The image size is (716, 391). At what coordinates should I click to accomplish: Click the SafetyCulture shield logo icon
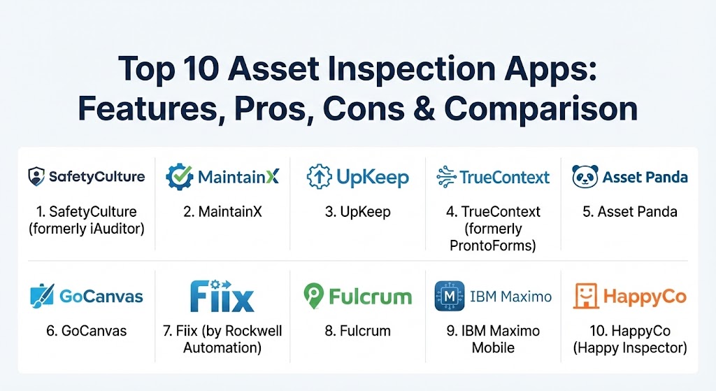(36, 177)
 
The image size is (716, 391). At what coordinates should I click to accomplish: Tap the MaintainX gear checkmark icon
(180, 177)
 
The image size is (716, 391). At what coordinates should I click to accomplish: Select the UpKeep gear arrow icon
(319, 177)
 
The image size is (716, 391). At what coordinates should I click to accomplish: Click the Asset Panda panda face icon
(585, 177)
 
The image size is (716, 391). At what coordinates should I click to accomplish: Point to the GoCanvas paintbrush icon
(42, 296)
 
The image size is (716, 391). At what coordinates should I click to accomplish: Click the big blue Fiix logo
(222, 296)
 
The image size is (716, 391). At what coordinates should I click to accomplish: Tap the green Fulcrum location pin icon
(313, 296)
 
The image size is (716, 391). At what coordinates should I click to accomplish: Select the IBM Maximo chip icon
(450, 296)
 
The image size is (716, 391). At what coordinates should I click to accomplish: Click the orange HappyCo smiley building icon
(586, 296)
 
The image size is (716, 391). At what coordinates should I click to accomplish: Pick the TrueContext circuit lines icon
(446, 177)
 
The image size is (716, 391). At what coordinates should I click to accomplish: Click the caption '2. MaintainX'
(222, 212)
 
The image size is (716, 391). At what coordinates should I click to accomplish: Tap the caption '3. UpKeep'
(357, 212)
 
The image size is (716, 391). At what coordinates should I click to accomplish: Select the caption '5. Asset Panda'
(630, 212)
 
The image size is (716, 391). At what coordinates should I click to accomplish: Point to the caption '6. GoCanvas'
(86, 331)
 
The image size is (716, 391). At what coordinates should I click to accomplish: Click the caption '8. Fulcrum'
(357, 331)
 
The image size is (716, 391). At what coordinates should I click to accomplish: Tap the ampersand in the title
(424, 108)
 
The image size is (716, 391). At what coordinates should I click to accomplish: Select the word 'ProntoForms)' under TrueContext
(493, 246)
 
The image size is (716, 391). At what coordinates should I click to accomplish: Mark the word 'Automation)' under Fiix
(222, 348)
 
